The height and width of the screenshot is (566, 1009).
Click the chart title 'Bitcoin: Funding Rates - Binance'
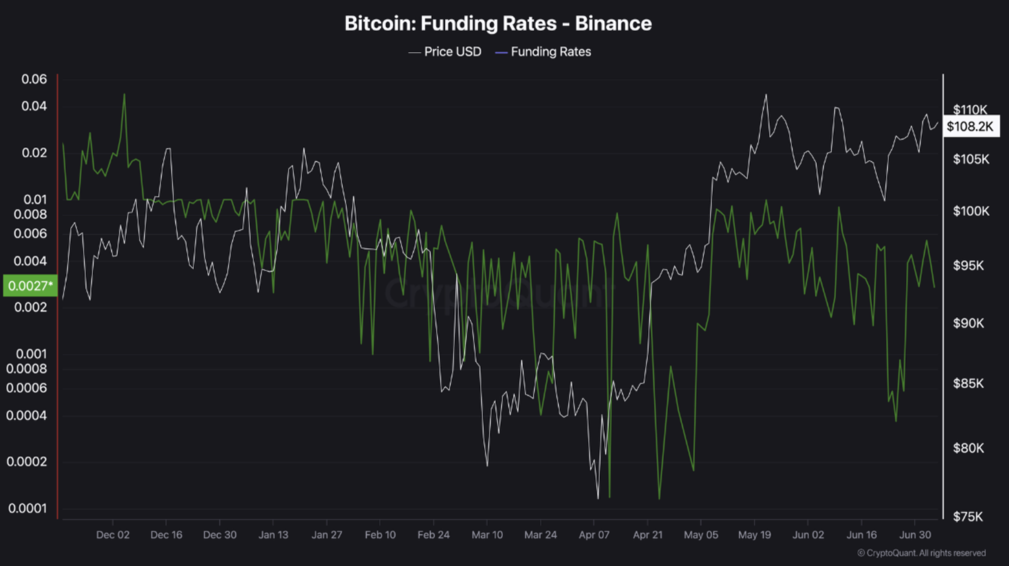tap(498, 24)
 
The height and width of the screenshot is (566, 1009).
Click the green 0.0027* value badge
tap(30, 285)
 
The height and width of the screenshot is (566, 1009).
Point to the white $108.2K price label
tap(970, 126)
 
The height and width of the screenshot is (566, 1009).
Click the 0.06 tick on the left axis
tap(34, 79)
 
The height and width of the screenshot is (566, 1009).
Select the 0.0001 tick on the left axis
tap(27, 508)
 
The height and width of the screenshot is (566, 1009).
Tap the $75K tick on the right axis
tap(968, 516)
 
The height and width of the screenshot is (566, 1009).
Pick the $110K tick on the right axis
tap(970, 109)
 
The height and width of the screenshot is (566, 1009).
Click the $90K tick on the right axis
tap(968, 323)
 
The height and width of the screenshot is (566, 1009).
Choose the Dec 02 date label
tap(113, 535)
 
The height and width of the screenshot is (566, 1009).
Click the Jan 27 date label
tap(327, 535)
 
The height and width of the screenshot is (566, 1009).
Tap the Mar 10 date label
tap(487, 535)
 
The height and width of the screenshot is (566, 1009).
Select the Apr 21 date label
tap(648, 535)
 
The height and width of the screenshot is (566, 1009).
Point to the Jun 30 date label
tap(915, 535)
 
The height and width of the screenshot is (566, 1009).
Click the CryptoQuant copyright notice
tap(921, 553)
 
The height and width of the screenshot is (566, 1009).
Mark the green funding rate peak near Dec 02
tap(124, 95)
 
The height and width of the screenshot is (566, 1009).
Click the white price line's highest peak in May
tap(766, 95)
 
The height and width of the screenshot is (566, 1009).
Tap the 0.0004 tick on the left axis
tap(27, 415)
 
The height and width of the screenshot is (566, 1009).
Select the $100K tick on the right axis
tap(971, 211)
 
